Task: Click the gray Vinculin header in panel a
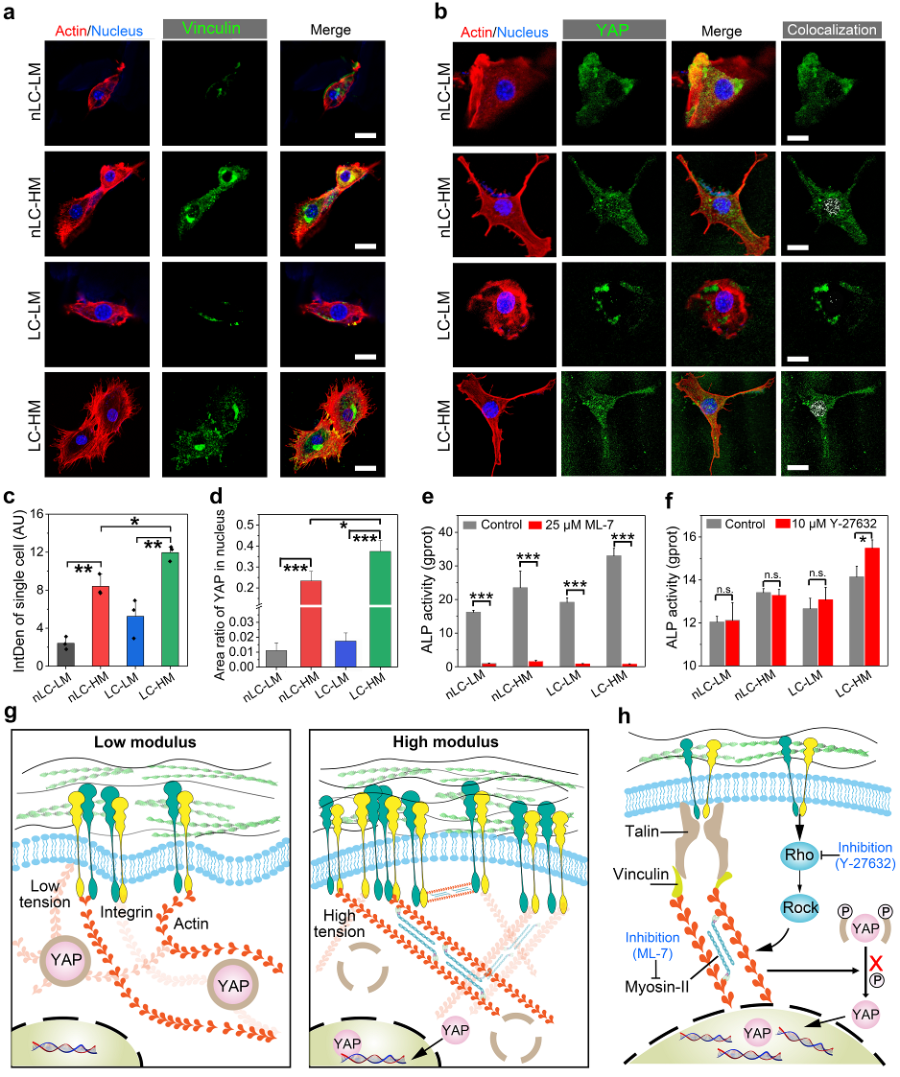tap(198, 31)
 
